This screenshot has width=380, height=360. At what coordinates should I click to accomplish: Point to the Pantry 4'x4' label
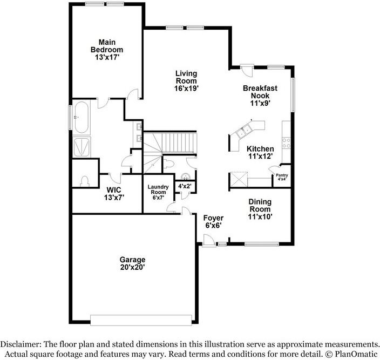[282, 178]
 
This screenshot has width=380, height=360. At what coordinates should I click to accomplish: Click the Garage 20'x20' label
[132, 263]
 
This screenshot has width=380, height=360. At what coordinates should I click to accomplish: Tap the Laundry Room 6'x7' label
[159, 192]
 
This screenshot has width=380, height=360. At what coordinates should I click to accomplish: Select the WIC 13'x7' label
[113, 194]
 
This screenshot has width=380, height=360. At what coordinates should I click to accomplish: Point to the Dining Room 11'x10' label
[260, 209]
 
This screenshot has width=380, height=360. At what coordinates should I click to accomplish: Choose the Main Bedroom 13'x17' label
[106, 50]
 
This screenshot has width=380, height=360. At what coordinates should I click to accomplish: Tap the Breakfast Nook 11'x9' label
[260, 95]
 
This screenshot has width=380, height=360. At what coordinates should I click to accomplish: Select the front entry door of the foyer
[207, 244]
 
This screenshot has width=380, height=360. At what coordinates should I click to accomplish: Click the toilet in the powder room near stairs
[168, 162]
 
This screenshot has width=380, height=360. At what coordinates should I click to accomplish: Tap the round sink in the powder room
[186, 176]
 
